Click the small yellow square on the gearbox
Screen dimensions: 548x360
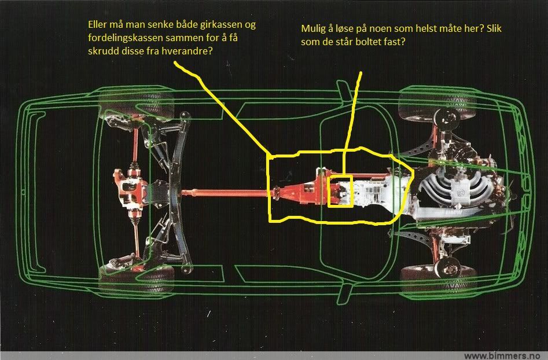pos(340,192)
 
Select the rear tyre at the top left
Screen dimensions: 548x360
pos(137,104)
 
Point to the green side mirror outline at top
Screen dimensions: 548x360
pos(344,90)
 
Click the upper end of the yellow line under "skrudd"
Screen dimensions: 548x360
pos(175,63)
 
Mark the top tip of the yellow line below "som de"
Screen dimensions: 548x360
pos(361,73)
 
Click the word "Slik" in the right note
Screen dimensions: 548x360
pos(494,29)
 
